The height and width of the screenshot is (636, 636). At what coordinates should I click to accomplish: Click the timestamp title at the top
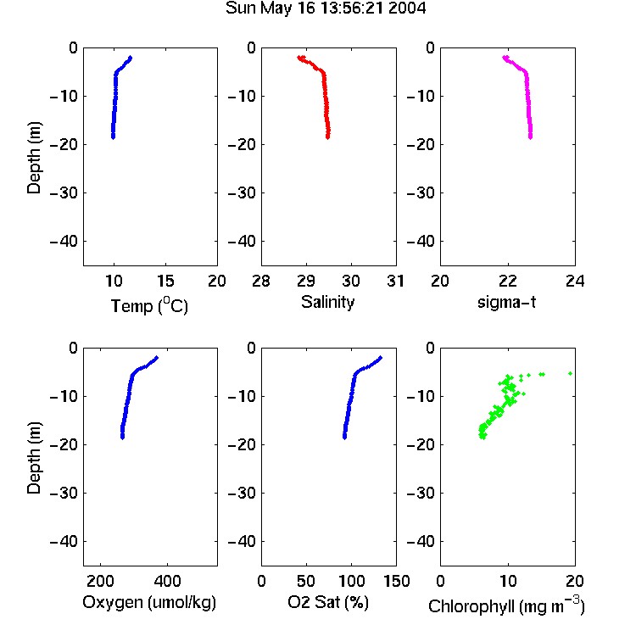(326, 8)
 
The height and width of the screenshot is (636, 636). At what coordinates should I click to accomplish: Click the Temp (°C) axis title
(149, 305)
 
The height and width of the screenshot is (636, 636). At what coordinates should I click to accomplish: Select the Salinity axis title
(327, 303)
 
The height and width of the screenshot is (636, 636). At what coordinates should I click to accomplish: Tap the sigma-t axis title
(506, 302)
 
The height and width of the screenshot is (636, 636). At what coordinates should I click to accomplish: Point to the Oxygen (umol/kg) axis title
(149, 602)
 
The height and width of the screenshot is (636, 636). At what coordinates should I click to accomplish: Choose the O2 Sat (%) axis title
(328, 602)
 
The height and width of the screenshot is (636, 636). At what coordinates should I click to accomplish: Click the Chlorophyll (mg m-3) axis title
(506, 605)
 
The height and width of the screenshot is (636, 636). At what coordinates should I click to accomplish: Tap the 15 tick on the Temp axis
(165, 281)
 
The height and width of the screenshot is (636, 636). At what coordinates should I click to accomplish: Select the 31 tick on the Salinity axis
(395, 281)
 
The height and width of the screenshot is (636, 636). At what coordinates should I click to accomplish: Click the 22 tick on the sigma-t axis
(507, 281)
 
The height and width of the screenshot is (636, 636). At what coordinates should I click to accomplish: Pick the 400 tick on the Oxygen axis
(167, 581)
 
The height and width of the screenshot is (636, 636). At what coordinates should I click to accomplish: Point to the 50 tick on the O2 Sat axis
(306, 581)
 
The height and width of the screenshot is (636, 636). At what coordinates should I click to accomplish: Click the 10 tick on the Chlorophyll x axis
(507, 581)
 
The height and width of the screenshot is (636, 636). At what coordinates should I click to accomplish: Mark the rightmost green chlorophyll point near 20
(571, 373)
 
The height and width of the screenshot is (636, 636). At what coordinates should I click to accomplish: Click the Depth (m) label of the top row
(34, 158)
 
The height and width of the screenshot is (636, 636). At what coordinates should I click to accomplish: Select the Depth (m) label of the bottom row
(34, 458)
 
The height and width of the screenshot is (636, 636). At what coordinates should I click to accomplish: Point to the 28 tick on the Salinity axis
(261, 281)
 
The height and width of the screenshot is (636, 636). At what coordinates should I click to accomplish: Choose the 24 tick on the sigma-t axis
(575, 281)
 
